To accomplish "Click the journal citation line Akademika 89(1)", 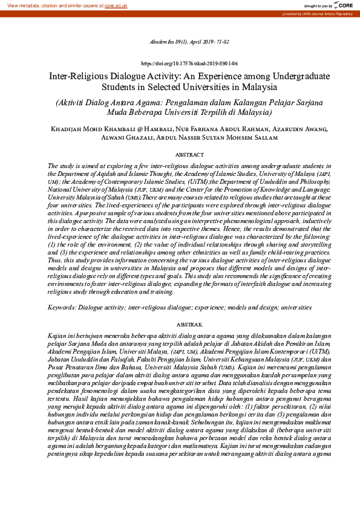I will coord(180,42).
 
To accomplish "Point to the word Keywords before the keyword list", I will coord(65,308).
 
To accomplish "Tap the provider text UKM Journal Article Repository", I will coord(329,13).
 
